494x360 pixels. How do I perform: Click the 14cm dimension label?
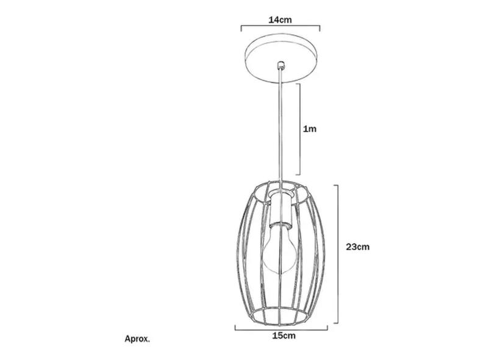pos(280,20)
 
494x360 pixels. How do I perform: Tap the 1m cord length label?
pos(309,129)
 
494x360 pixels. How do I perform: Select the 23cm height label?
pos(357,247)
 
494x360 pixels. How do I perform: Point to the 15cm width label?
pos(284,336)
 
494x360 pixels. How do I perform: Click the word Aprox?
pos(137,339)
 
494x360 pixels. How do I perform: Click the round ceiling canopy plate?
pos(281,59)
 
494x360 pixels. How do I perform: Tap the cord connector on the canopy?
pos(281,65)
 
